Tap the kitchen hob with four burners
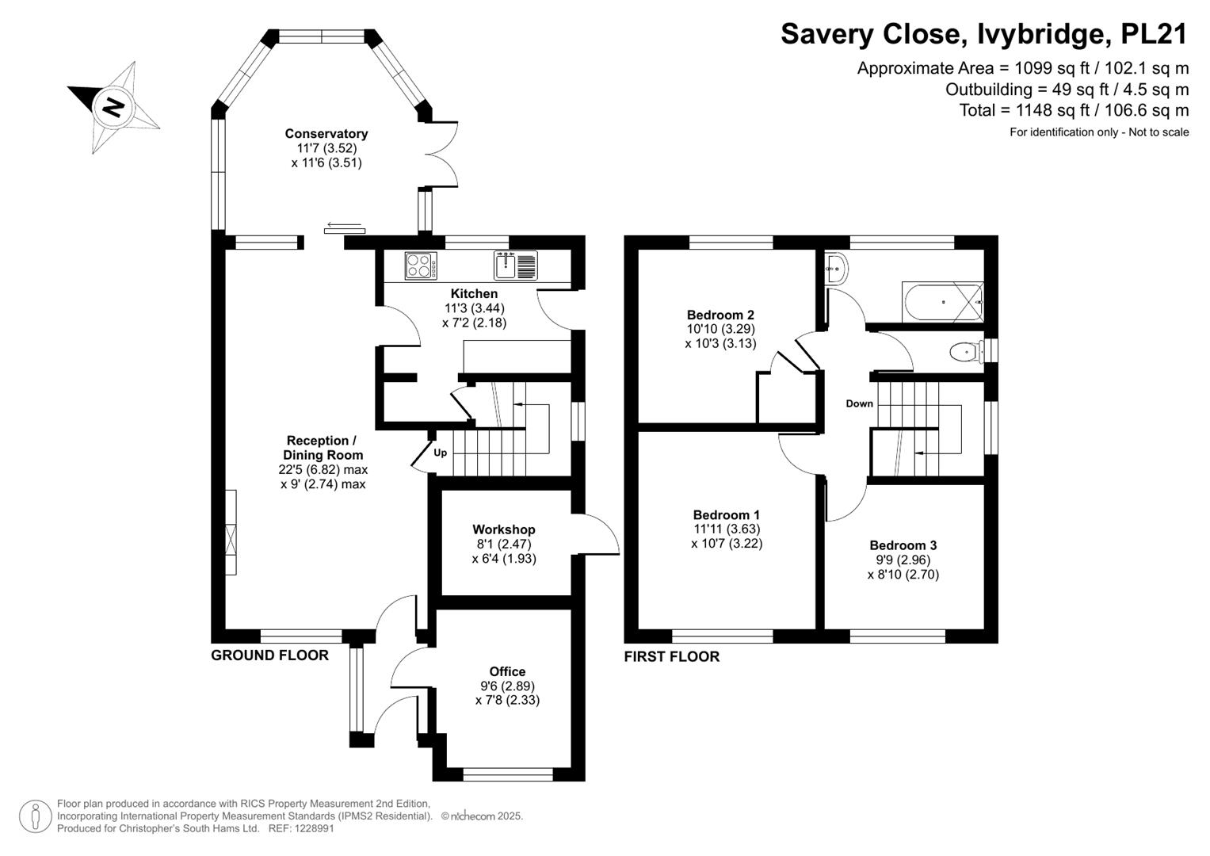[x=421, y=266]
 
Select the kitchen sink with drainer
[x=515, y=266]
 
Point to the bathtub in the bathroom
[x=943, y=302]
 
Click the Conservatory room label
[x=326, y=133]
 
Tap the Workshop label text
[x=503, y=529]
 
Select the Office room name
[x=507, y=671]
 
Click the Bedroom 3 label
[x=903, y=545]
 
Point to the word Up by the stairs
[x=441, y=453]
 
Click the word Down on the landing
[x=860, y=403]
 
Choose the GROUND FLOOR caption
[x=269, y=655]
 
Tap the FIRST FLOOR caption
[x=672, y=656]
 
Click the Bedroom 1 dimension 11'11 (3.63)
[x=727, y=529]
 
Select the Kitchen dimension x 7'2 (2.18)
[x=475, y=323]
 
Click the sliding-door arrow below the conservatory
[x=344, y=225]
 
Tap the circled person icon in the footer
[x=36, y=816]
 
